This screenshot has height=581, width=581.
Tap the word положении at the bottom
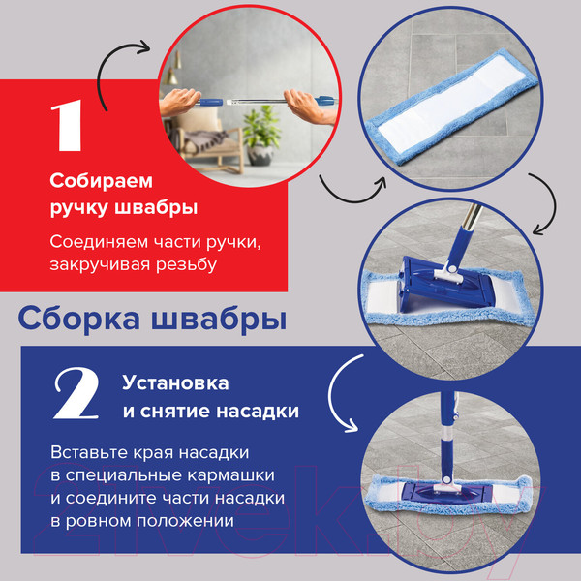(186, 521)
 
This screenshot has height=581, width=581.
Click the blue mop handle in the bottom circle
(447, 431)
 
